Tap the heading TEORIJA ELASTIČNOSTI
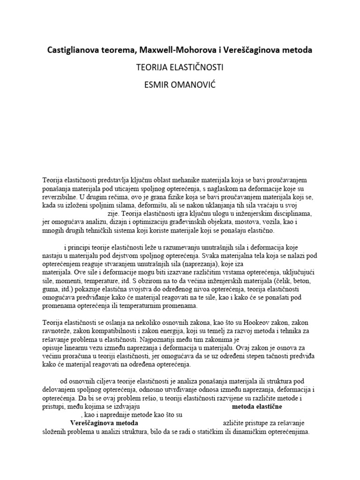[180, 68]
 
